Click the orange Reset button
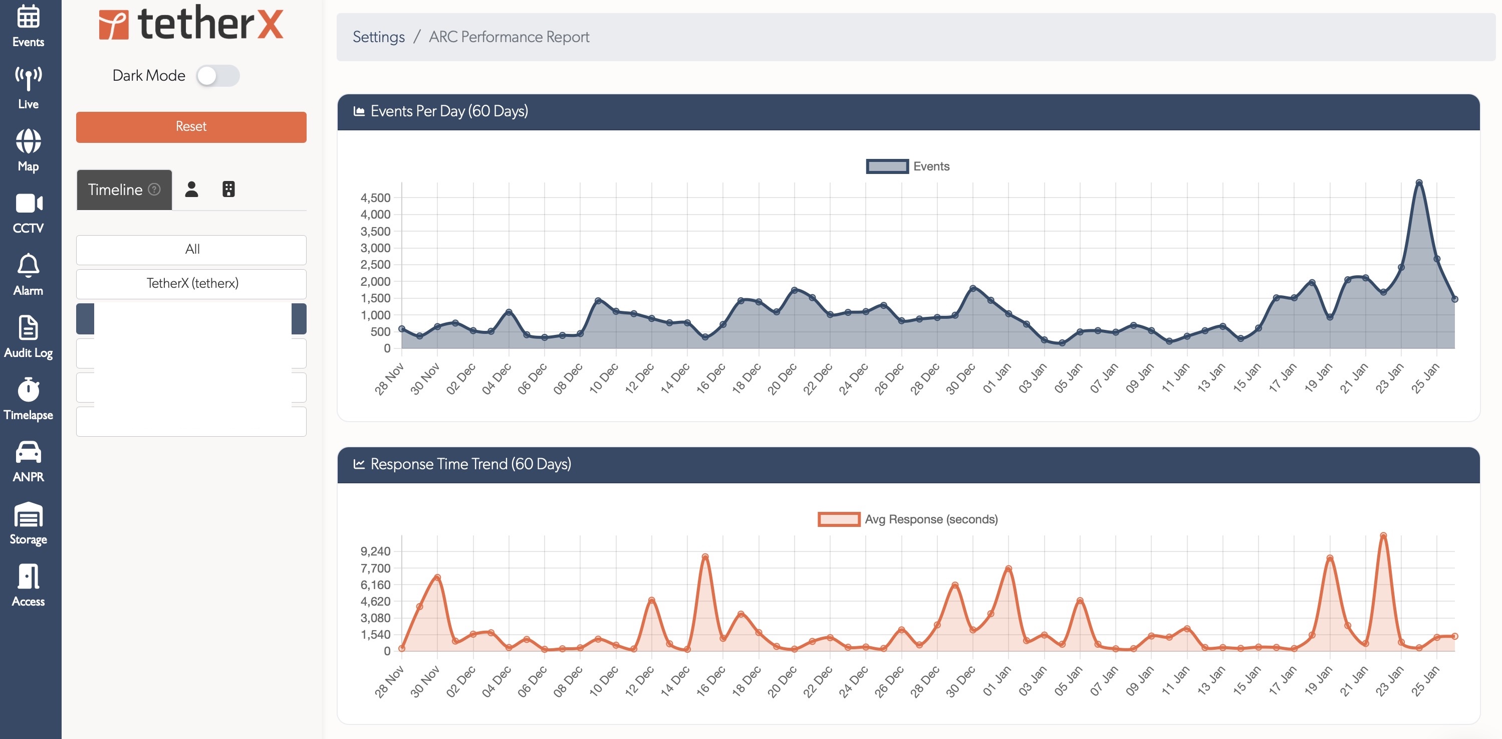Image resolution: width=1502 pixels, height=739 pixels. [191, 126]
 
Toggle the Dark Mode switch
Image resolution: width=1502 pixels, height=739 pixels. [217, 76]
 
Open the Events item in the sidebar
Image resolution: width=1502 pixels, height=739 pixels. [28, 26]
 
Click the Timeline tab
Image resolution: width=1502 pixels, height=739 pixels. [124, 190]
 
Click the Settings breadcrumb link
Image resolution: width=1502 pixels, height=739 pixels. [378, 37]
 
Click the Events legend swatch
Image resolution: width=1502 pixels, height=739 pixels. [887, 166]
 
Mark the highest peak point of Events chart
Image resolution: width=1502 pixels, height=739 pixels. [1419, 182]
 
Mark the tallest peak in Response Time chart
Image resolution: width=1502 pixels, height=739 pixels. [1383, 535]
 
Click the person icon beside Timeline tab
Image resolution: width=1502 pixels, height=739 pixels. [191, 190]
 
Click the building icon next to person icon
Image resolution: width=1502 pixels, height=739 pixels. [228, 190]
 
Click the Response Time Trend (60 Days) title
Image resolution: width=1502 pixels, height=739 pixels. [470, 464]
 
